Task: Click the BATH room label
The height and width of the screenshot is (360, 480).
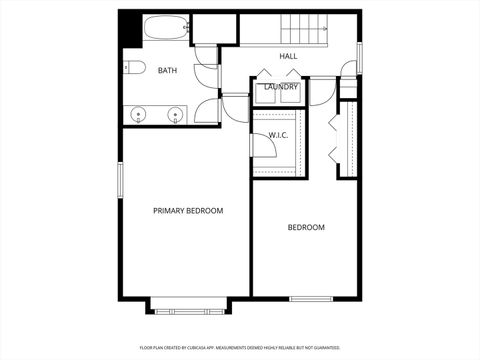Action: coord(167,70)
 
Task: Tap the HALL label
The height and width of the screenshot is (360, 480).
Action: coord(288,56)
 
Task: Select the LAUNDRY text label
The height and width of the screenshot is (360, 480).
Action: coord(280,87)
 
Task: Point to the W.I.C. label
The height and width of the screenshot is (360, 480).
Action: coord(278,134)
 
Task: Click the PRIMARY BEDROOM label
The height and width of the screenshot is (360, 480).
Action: coord(187,211)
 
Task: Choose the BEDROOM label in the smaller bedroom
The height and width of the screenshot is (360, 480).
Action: coord(306,228)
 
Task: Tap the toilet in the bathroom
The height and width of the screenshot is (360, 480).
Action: coord(134,68)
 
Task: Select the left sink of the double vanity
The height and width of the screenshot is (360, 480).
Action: coord(138,113)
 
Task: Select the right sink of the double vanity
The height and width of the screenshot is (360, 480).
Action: coord(176,113)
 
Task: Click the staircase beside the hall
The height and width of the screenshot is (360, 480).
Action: coord(304,30)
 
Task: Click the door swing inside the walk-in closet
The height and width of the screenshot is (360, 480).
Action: coord(264,144)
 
